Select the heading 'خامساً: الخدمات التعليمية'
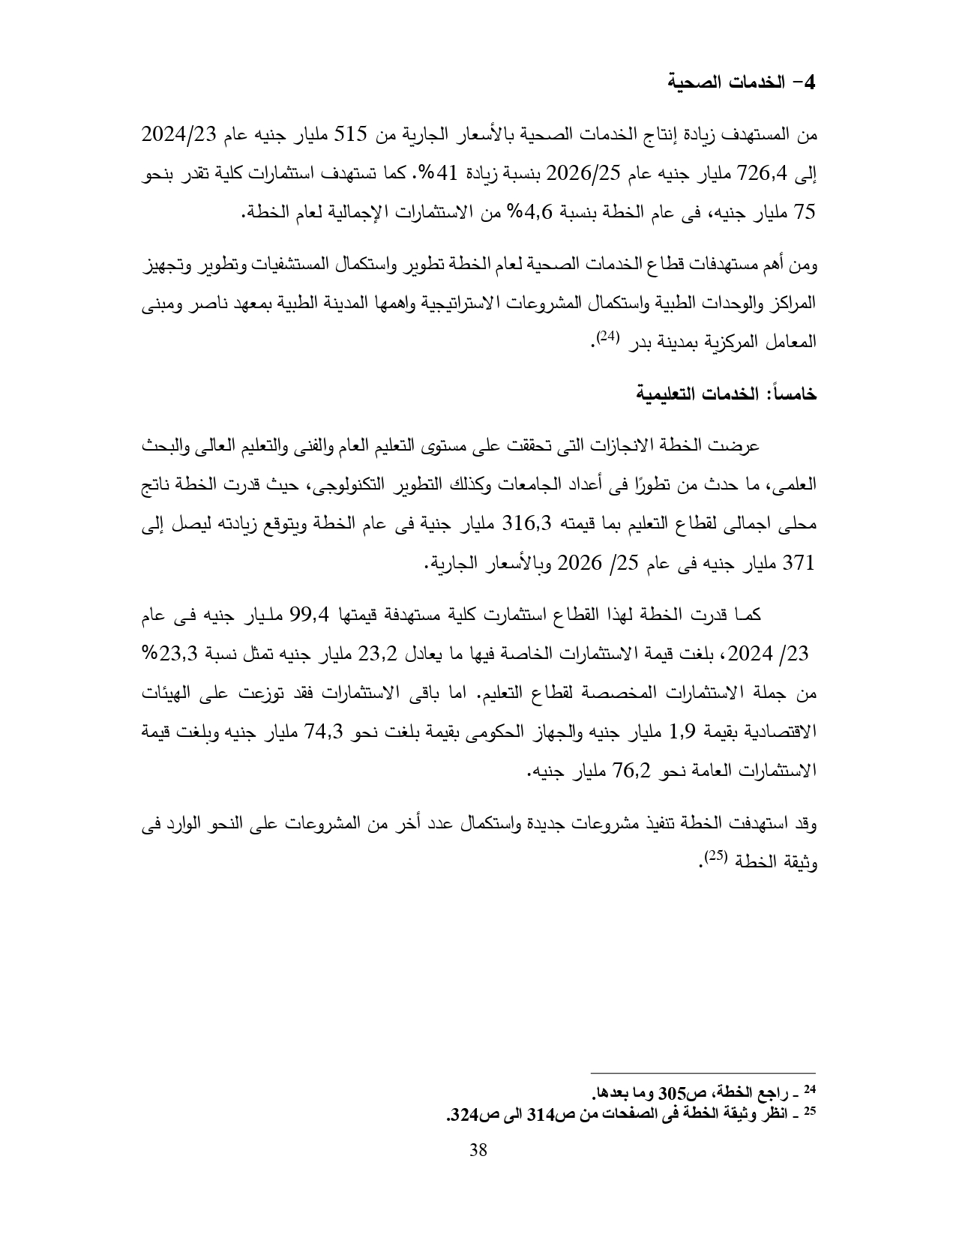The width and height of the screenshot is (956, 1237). (726, 394)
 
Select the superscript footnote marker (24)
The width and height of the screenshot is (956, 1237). (605, 337)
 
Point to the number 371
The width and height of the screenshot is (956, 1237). (798, 562)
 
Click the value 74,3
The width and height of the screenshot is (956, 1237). (324, 732)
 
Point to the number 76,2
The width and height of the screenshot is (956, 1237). (635, 771)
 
